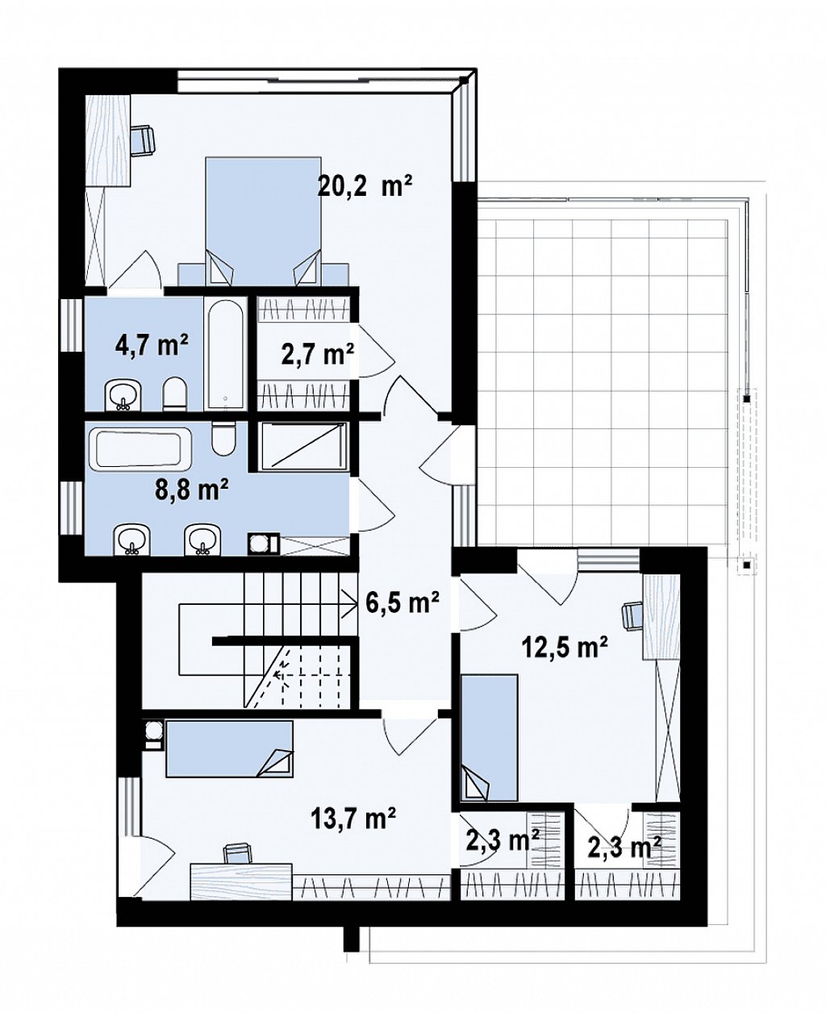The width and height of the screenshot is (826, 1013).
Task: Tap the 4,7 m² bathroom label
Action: (x=152, y=345)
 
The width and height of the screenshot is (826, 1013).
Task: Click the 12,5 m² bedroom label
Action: (x=565, y=648)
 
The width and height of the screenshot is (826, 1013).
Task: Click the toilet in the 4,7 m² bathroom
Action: (x=174, y=394)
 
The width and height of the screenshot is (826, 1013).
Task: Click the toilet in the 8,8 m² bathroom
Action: (x=224, y=439)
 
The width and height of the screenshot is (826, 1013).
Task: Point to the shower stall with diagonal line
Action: (x=303, y=446)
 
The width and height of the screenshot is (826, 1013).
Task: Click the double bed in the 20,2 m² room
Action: (x=263, y=221)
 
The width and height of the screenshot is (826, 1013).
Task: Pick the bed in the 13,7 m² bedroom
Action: (x=230, y=748)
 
